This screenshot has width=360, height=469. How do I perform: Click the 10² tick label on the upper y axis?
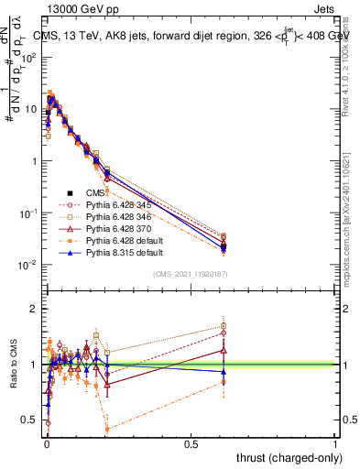pyautogui.click(x=30, y=57)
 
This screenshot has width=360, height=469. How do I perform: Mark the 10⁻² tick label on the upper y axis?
pyautogui.click(x=30, y=265)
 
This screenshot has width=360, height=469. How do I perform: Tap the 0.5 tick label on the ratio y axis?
pyautogui.click(x=30, y=420)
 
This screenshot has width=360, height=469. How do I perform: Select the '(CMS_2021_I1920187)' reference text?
pyautogui.click(x=197, y=274)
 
